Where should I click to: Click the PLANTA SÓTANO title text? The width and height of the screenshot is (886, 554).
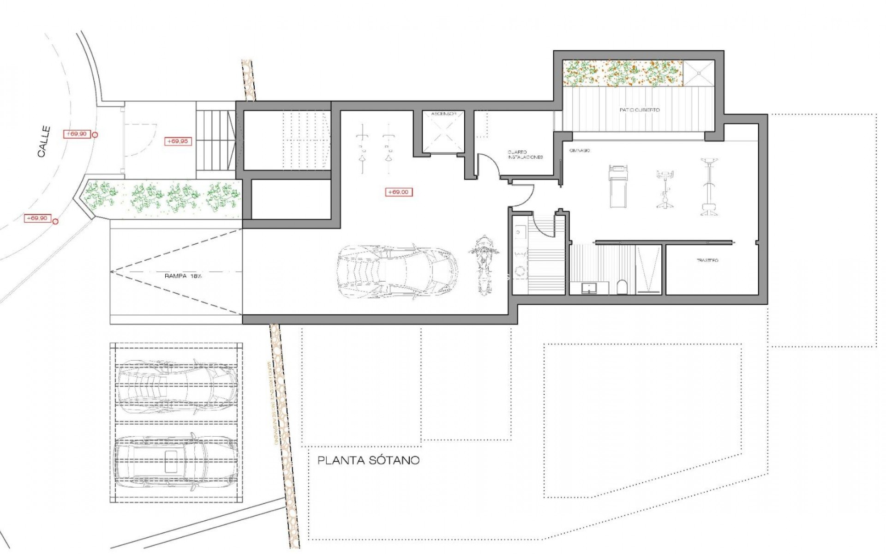tap(369, 460)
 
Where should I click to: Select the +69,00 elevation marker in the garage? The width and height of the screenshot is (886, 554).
tap(399, 192)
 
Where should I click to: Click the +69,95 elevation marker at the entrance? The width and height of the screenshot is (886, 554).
tap(178, 141)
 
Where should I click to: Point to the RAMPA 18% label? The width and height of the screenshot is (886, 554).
tap(183, 276)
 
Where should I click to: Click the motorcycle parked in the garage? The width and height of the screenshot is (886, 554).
tap(484, 265)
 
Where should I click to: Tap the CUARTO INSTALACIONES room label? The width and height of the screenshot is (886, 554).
tap(525, 155)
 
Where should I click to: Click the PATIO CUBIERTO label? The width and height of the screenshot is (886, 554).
tap(639, 110)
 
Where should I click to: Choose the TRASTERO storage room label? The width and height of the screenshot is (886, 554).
tap(707, 260)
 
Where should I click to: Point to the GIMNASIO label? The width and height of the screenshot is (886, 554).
tap(580, 151)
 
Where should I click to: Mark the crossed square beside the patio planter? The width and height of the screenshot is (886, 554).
tap(699, 73)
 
